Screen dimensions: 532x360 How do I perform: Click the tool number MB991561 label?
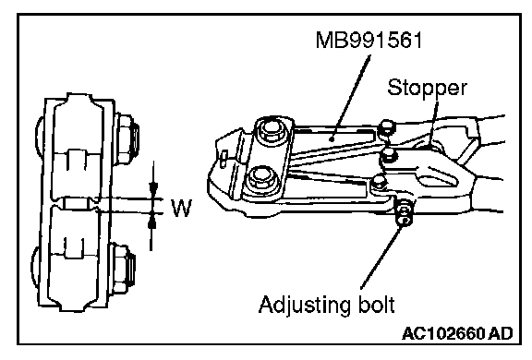click(369, 40)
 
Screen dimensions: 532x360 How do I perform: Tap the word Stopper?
click(427, 89)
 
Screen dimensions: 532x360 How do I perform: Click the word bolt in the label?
click(376, 305)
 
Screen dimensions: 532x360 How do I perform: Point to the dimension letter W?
click(182, 208)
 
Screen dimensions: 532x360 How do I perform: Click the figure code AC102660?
click(443, 333)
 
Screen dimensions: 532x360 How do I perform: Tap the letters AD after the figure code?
click(501, 333)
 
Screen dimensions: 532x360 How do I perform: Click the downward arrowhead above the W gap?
click(153, 189)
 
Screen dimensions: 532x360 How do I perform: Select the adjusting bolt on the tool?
click(404, 214)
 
